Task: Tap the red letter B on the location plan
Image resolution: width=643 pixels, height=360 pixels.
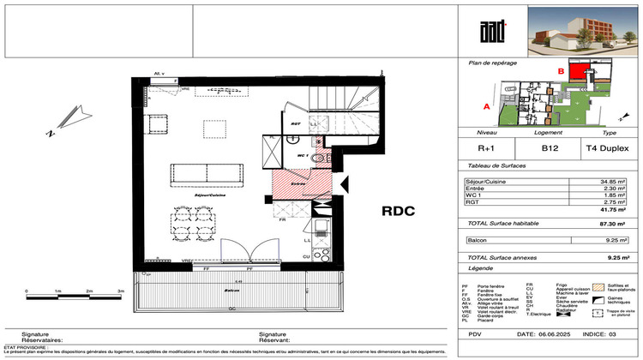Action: click(x=561, y=71)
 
